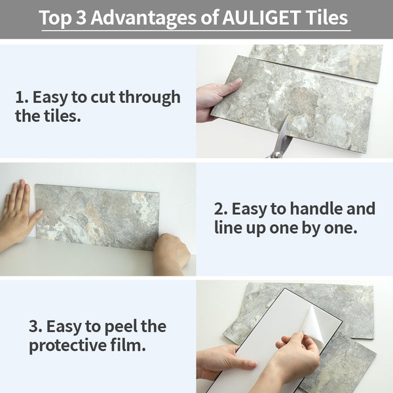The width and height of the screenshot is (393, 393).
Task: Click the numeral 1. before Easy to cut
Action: (21, 98)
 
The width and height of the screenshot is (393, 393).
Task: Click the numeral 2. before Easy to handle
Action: (221, 210)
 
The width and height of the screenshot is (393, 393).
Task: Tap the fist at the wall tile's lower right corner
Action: (171, 254)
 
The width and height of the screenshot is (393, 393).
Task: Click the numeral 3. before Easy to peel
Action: (35, 327)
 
